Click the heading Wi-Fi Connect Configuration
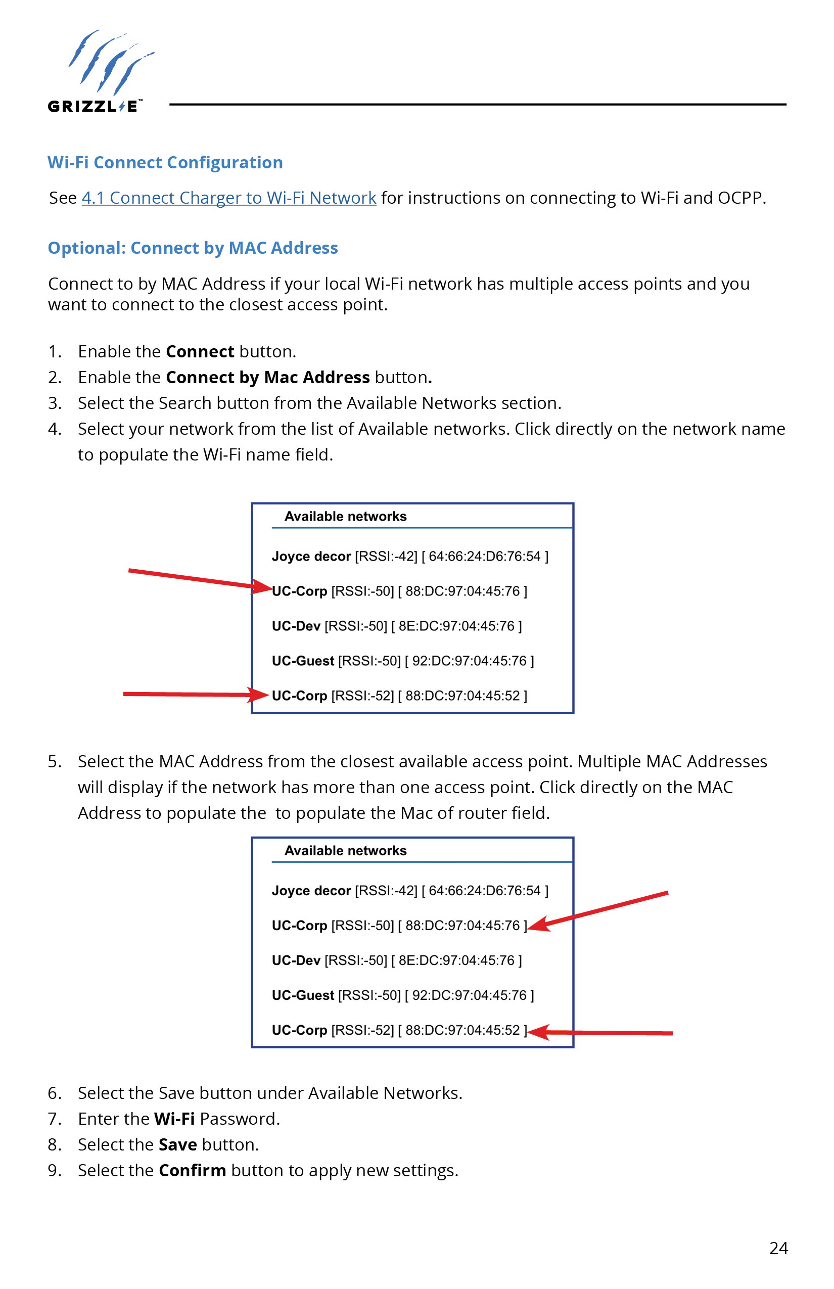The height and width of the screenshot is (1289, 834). tap(165, 162)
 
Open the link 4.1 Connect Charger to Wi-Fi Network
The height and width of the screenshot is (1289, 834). tap(228, 198)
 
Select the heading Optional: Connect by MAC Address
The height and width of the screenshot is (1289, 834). tap(193, 248)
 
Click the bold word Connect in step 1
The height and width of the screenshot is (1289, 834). tap(200, 352)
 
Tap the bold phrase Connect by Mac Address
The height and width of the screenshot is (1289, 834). tap(267, 378)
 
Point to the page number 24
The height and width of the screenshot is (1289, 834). tap(778, 1249)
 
